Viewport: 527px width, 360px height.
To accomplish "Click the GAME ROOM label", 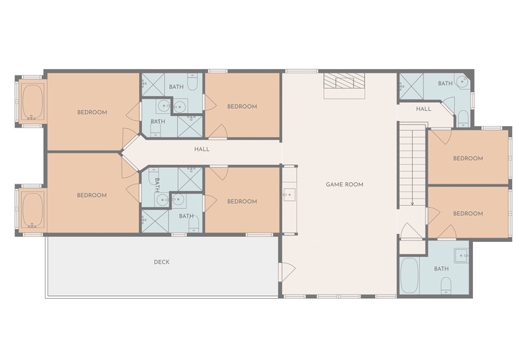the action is point(345,184).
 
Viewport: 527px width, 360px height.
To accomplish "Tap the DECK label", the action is point(162,262).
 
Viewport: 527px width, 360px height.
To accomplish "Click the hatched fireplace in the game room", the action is point(344,81).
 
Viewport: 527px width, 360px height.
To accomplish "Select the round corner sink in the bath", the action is point(462,81).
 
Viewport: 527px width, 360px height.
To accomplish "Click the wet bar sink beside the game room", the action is point(289,194).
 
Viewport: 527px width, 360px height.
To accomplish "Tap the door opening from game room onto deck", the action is point(288,272).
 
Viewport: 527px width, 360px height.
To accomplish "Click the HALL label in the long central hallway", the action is point(202,149).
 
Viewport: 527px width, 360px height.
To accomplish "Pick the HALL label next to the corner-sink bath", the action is point(423,109).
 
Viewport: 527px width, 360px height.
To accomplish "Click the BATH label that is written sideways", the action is point(157,185).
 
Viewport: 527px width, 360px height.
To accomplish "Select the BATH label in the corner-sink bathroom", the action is point(445,83).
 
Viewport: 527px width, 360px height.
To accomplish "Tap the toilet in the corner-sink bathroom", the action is point(463,119).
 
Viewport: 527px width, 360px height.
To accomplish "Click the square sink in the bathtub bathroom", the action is point(461,256).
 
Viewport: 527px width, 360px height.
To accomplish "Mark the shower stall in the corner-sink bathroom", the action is point(411,86).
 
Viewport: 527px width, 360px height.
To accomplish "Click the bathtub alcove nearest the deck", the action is point(32,210).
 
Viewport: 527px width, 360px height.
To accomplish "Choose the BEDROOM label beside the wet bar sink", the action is point(242,202).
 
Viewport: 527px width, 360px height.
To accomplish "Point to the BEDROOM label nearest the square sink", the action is point(468,213).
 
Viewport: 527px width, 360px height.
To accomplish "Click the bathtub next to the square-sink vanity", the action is point(410,275).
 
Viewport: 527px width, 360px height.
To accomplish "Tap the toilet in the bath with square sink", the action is point(446,286).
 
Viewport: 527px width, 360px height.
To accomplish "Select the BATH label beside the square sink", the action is point(441,269).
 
